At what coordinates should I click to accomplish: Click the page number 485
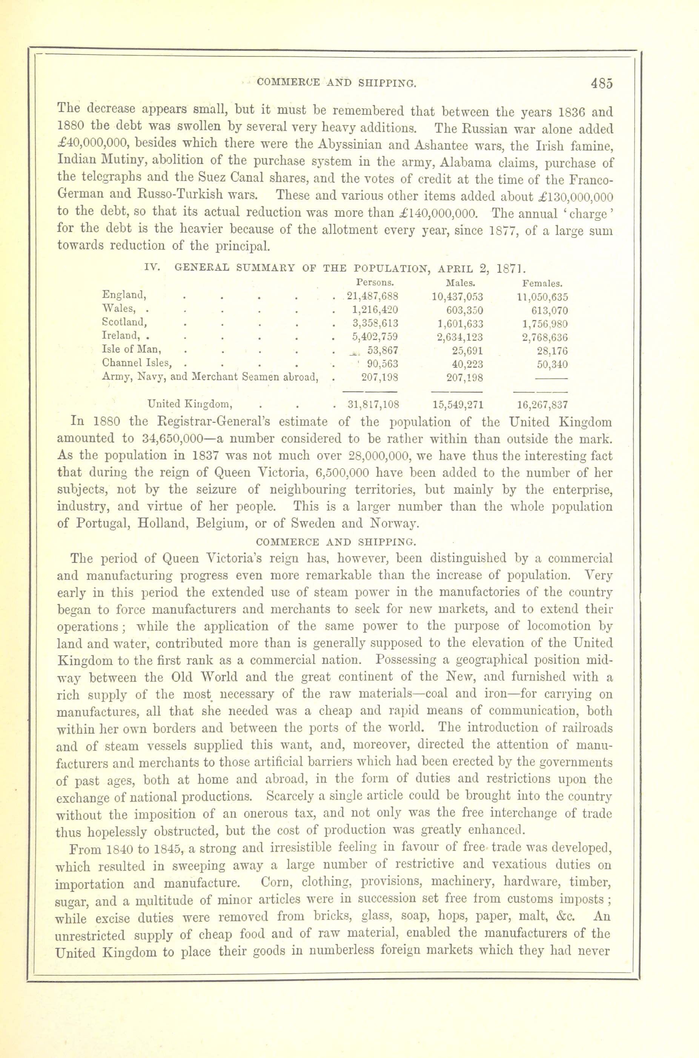click(602, 83)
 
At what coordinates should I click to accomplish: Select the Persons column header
click(375, 282)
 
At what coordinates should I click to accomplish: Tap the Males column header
click(461, 283)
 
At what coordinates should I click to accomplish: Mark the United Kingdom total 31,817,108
click(373, 405)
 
